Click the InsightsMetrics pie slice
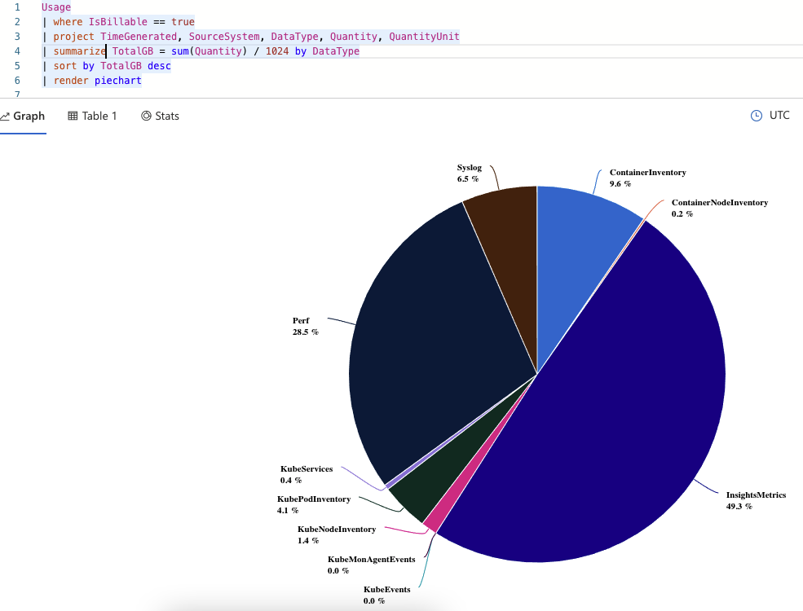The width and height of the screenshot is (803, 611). tap(603, 407)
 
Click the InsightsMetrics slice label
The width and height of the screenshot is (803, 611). tap(756, 495)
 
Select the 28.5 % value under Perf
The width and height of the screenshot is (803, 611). tap(306, 332)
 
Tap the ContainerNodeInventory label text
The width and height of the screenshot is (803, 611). tap(719, 202)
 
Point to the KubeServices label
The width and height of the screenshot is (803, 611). tap(307, 469)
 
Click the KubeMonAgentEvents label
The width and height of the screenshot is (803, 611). tap(371, 559)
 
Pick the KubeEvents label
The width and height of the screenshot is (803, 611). tap(386, 589)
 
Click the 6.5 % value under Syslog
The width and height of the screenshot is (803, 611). tap(468, 178)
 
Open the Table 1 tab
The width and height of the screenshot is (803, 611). tap(92, 116)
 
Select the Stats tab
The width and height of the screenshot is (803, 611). tap(160, 116)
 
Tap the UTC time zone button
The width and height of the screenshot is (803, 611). tap(770, 116)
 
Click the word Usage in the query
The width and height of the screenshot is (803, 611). tap(56, 7)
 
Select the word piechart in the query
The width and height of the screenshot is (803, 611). tap(118, 81)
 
